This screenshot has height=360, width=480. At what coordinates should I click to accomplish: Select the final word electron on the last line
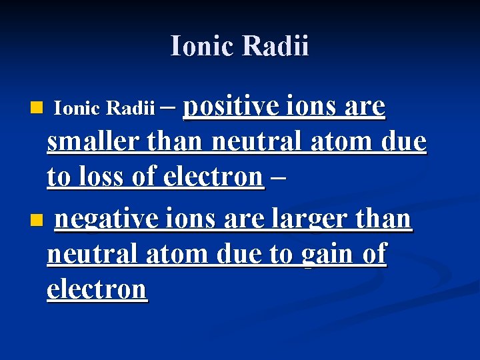[97, 289]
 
